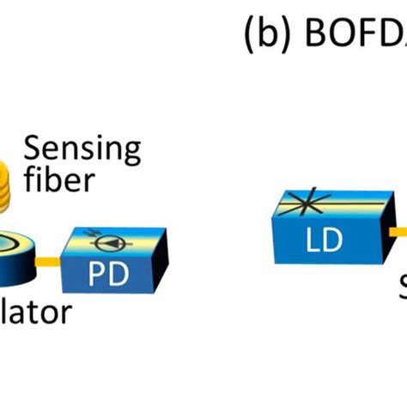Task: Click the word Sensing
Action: click(82, 149)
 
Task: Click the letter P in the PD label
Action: click(106, 276)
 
